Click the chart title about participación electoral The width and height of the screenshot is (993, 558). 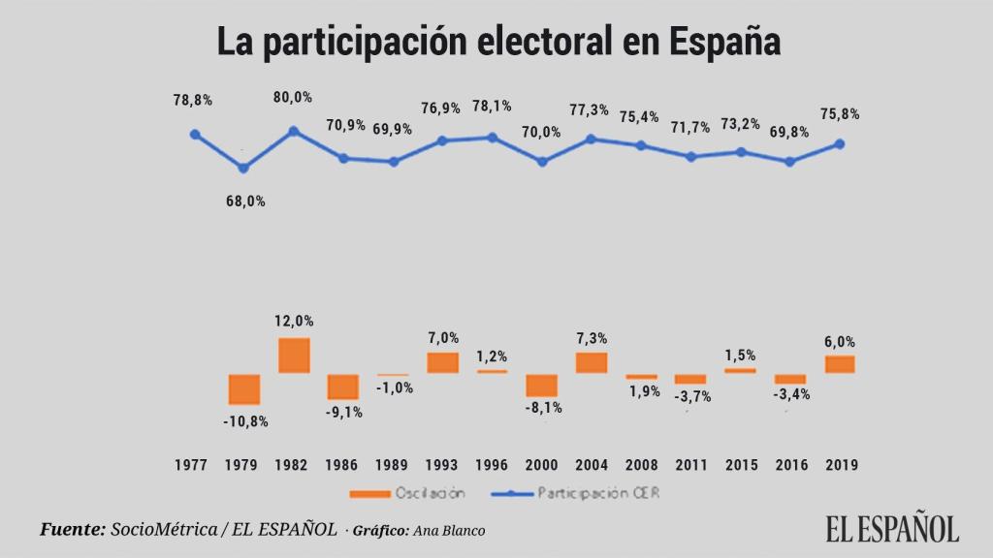pyautogui.click(x=497, y=44)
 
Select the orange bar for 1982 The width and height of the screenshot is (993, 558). pyautogui.click(x=294, y=356)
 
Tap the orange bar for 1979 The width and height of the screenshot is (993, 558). pyautogui.click(x=244, y=389)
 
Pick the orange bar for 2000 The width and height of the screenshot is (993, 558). pyautogui.click(x=542, y=385)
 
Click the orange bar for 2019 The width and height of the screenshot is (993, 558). pyautogui.click(x=840, y=364)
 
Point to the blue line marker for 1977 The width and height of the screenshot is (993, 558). pyautogui.click(x=195, y=135)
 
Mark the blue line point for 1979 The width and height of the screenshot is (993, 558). pyautogui.click(x=244, y=169)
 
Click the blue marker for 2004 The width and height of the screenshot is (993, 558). pyautogui.click(x=592, y=139)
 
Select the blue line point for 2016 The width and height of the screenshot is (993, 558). pyautogui.click(x=790, y=162)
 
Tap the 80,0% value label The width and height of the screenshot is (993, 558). pyautogui.click(x=293, y=97)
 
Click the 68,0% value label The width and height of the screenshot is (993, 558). pyautogui.click(x=244, y=201)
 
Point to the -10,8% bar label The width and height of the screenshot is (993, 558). pyautogui.click(x=244, y=421)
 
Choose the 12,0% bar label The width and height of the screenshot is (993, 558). pyautogui.click(x=293, y=321)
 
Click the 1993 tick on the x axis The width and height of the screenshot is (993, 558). pyautogui.click(x=442, y=465)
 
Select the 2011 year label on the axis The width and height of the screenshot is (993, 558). pyautogui.click(x=690, y=465)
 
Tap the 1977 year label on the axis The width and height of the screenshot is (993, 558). pyautogui.click(x=192, y=465)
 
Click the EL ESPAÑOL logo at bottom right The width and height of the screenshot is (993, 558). pyautogui.click(x=892, y=527)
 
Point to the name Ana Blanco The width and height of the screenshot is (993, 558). pyautogui.click(x=450, y=530)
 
